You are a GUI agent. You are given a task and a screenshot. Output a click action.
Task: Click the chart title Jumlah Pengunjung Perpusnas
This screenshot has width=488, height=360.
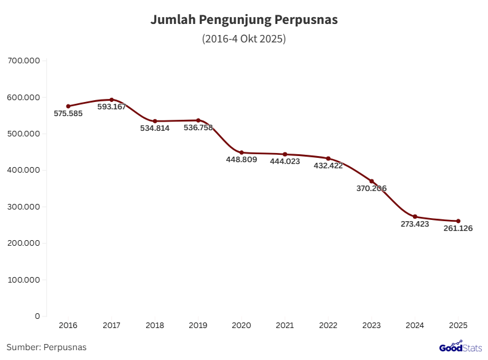pos(244,20)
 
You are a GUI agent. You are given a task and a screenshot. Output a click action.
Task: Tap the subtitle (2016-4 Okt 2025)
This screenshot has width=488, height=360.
pos(244,39)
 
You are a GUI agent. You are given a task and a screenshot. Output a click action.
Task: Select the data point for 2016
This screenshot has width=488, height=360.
pos(68,106)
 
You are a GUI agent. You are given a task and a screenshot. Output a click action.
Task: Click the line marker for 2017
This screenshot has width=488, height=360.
pos(111,100)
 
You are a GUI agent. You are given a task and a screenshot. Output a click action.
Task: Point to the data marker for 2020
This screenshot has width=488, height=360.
pos(242,152)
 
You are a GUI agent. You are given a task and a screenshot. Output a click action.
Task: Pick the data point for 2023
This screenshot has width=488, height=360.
pos(371,181)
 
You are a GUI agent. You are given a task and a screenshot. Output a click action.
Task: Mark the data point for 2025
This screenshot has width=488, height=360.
pos(458,221)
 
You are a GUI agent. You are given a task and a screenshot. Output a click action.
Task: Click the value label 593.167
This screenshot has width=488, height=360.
pos(111,107)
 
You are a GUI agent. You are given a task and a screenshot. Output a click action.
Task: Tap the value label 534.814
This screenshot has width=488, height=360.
pos(155,128)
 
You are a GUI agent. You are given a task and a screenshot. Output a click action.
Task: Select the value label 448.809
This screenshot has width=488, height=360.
pos(242,160)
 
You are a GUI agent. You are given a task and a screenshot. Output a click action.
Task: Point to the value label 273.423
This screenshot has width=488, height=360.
pos(415,224)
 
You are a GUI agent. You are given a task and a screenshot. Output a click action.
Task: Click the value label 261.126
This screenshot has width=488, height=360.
pos(458,229)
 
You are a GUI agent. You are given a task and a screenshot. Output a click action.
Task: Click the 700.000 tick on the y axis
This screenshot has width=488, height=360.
pos(23,61)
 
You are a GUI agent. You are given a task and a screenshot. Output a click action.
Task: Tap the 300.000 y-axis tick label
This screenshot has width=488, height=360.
pos(23,206)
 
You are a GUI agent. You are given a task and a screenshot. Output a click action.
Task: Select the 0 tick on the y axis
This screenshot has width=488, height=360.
pos(37,316)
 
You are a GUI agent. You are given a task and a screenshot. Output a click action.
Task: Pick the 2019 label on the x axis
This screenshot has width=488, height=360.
pos(198,325)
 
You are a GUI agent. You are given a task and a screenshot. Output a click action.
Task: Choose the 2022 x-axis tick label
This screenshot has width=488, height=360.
pos(328,325)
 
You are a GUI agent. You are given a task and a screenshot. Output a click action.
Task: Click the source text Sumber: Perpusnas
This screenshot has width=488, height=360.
pos(47,347)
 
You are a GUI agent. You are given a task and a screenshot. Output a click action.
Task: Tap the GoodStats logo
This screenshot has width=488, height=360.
pos(460,347)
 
